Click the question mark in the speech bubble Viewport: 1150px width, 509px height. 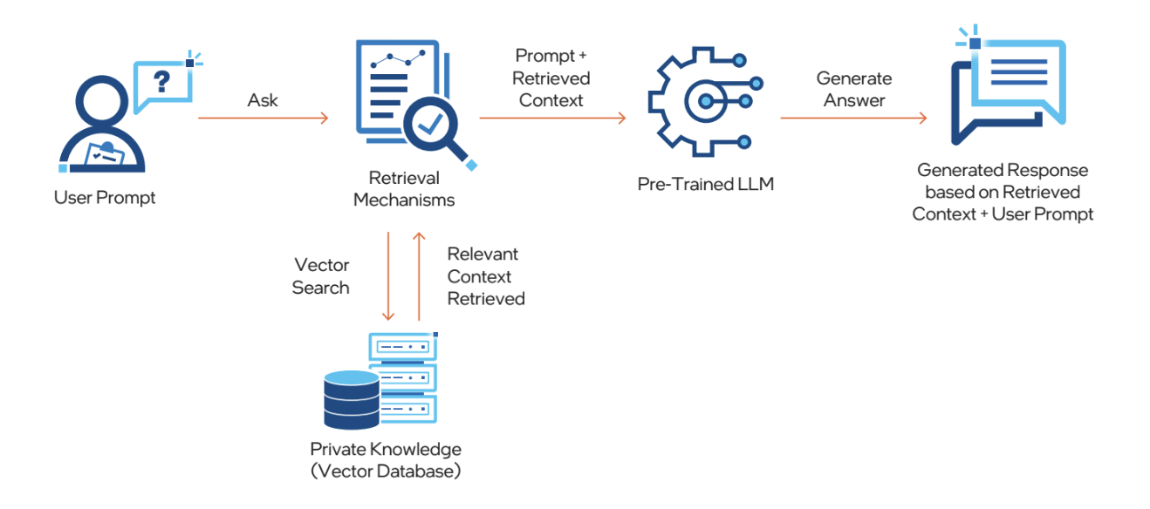click(161, 82)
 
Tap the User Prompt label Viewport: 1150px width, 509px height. click(105, 198)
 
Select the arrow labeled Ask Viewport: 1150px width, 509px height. click(263, 117)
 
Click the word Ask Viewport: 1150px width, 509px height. click(263, 100)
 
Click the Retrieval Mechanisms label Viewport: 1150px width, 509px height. click(404, 188)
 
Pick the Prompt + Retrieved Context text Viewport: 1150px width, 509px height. click(551, 78)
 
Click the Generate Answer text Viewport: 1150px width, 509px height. click(854, 90)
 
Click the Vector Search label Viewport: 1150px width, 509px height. click(321, 276)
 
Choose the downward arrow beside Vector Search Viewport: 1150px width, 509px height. click(389, 276)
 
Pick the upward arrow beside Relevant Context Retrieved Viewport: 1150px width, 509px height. click(419, 276)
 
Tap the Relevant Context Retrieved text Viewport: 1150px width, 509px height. click(486, 276)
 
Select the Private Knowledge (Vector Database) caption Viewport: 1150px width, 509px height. click(386, 461)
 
